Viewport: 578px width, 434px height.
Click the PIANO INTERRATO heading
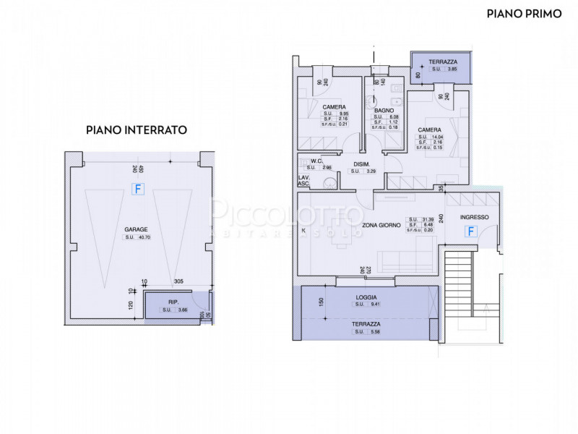137,130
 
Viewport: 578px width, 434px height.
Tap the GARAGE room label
136,229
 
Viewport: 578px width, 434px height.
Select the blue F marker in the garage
136,189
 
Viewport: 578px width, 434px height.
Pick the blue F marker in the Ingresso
471,231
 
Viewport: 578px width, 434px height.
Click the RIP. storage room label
173,302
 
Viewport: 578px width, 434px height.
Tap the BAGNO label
384,111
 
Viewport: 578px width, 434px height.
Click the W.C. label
316,161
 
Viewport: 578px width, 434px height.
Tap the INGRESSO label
474,217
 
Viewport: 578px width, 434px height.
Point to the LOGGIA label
366,297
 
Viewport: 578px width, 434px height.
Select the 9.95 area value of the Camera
345,114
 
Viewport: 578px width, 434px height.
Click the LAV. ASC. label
304,181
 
